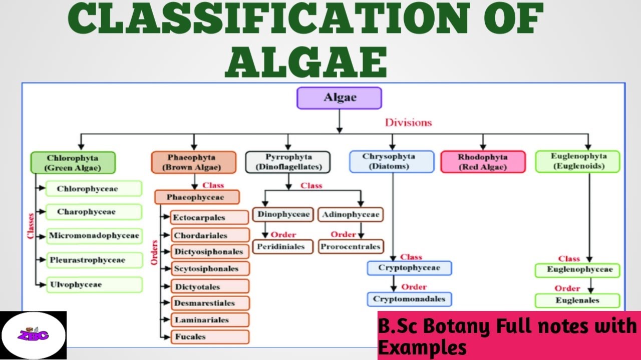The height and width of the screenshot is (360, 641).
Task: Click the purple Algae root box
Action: coord(339,98)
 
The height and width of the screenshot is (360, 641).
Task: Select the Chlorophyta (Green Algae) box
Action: coord(73,162)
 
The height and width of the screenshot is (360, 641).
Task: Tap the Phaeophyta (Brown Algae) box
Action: coord(193,162)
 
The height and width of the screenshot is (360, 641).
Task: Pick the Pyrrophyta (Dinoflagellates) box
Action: coord(288,162)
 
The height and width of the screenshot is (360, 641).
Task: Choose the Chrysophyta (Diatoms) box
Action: coord(391,161)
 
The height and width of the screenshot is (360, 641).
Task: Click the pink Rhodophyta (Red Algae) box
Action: coord(483,162)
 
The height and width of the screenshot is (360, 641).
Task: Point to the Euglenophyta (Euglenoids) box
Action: coord(577,161)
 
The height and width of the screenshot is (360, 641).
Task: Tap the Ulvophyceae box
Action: coord(94,284)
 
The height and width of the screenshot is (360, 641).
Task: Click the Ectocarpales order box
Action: coord(210,217)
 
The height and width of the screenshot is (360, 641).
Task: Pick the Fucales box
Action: coord(210,337)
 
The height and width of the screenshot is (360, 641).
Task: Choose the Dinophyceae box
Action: coord(283,214)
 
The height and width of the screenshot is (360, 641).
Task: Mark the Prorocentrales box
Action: coord(351,246)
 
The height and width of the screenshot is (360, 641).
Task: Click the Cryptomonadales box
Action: coord(409,299)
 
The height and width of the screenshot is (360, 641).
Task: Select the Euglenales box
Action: coord(577,300)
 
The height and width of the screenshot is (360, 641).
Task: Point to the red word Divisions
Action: coord(408,122)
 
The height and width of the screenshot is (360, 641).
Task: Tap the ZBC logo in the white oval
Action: coord(33,335)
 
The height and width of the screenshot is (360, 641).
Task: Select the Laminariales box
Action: coord(210,320)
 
